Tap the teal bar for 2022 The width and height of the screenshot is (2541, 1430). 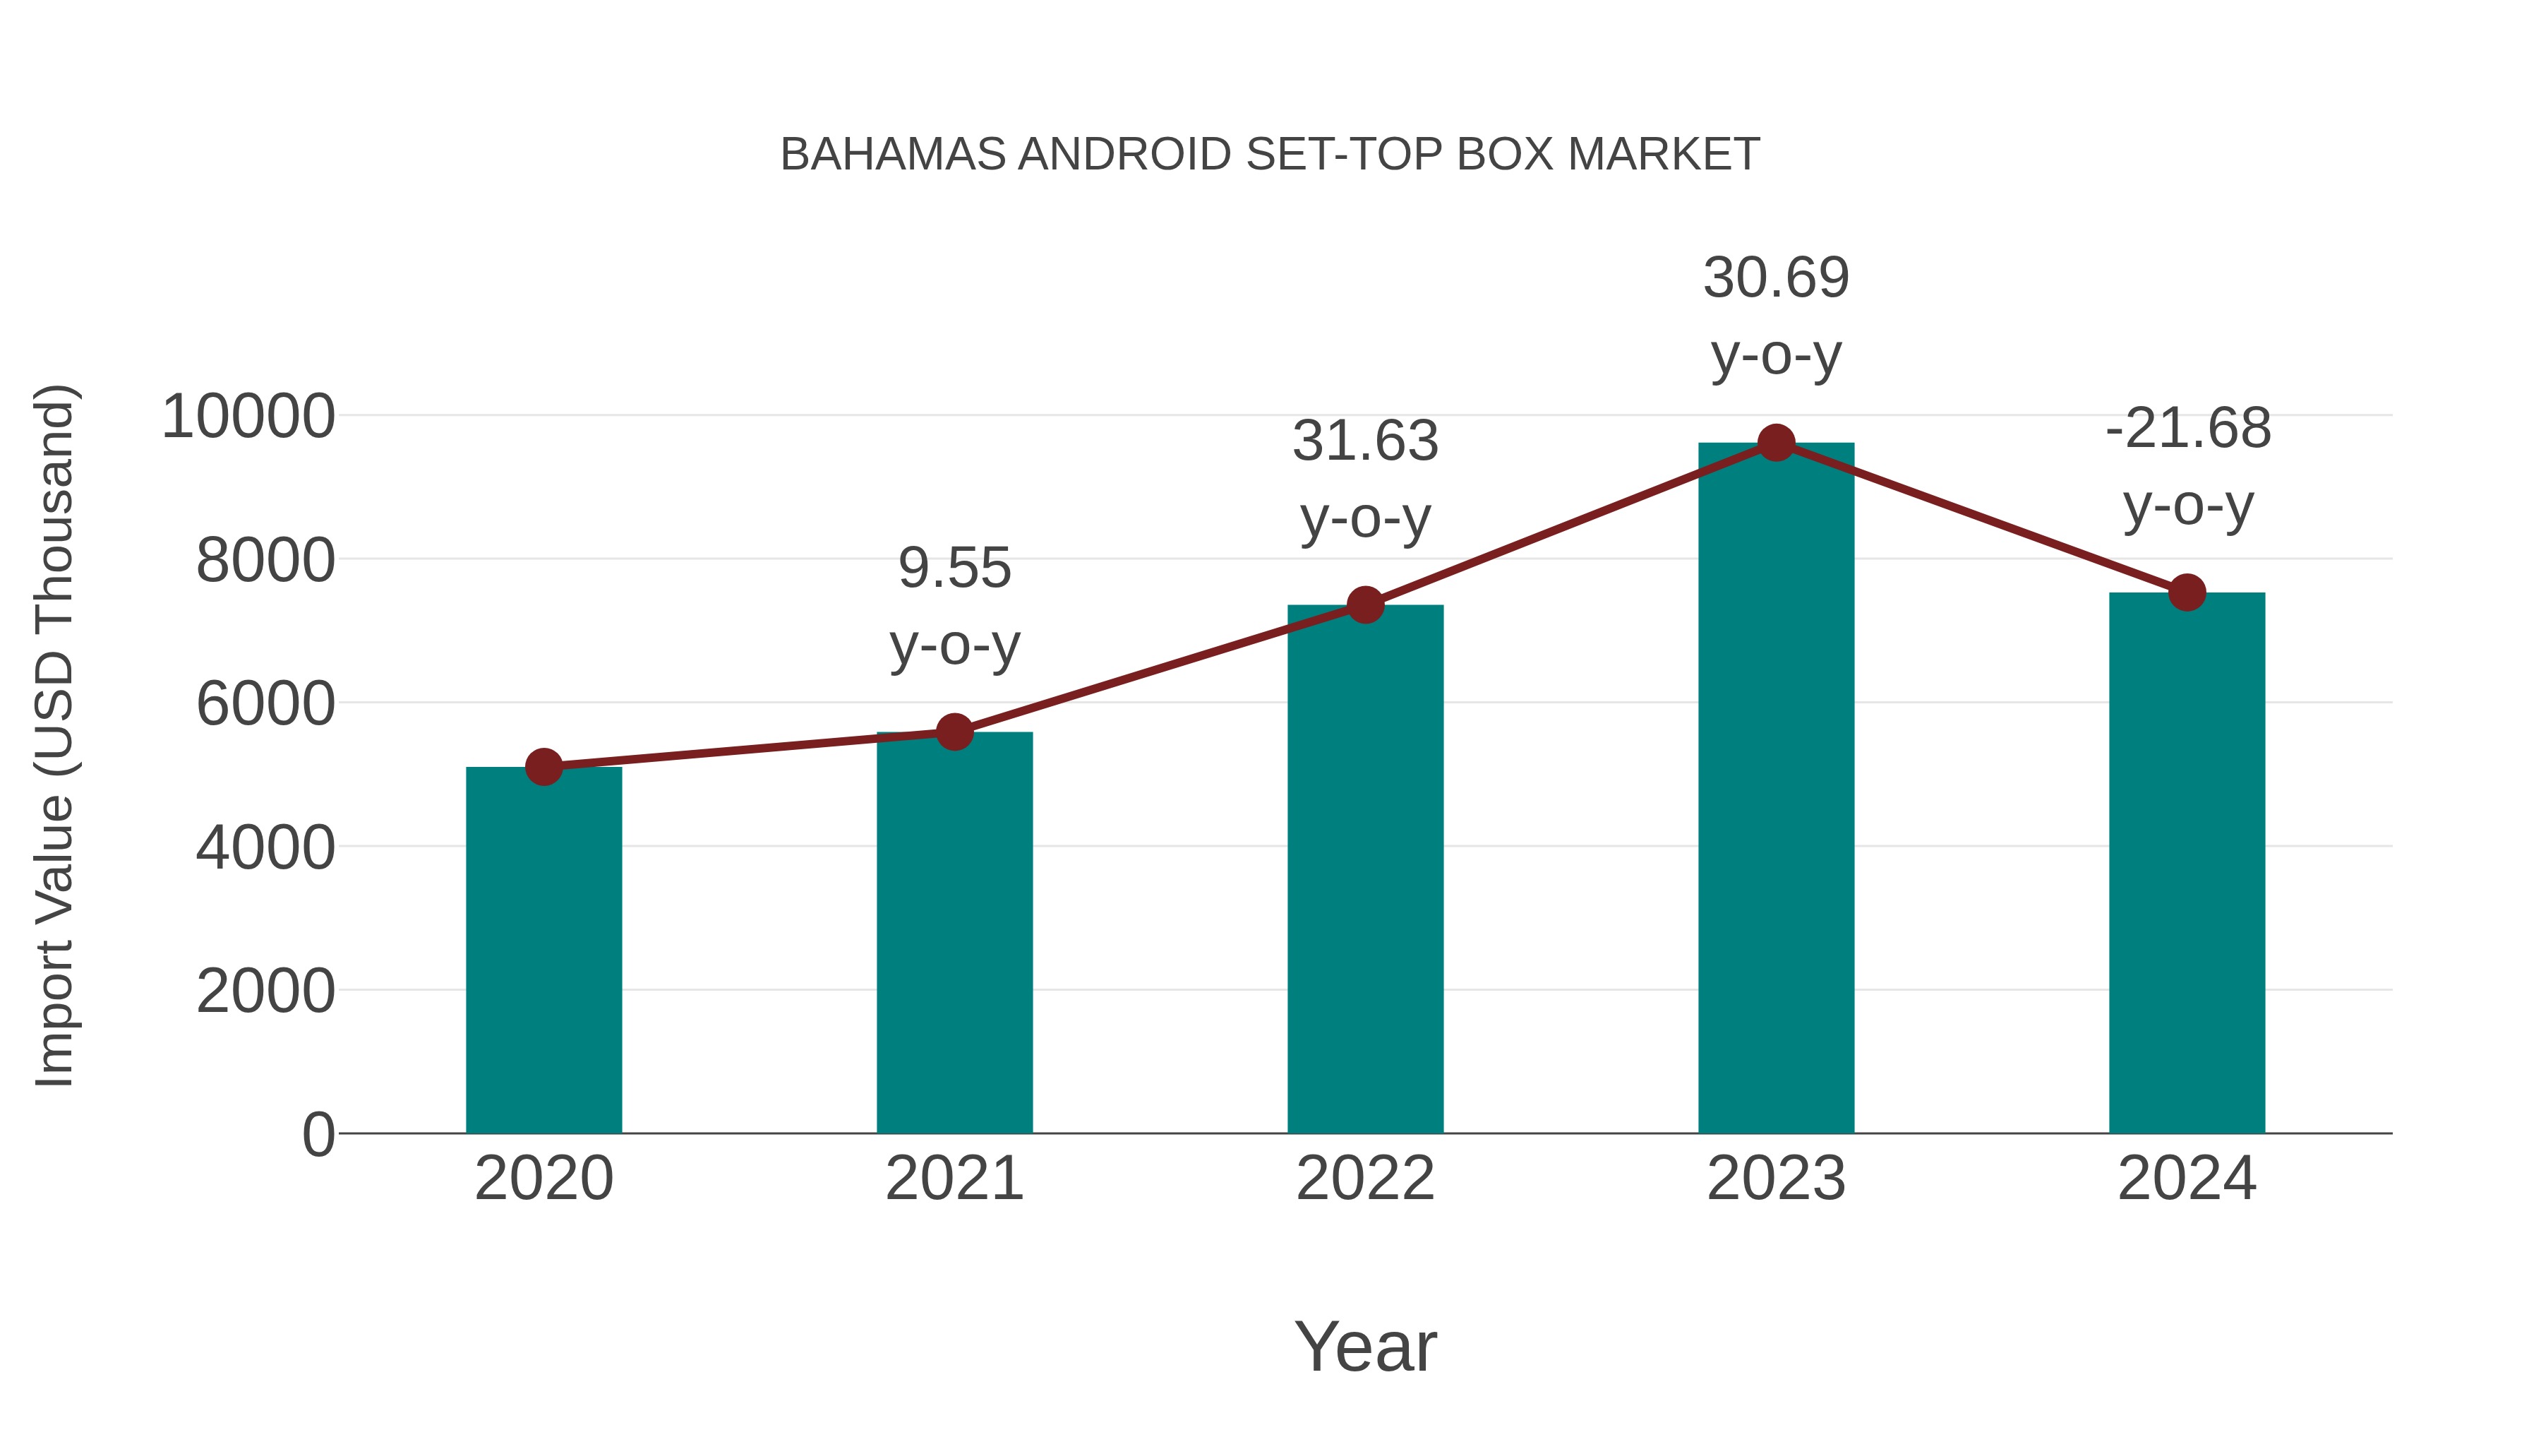1365,869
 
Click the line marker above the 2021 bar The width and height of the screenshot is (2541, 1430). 954,732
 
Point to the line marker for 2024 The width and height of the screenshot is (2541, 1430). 2187,592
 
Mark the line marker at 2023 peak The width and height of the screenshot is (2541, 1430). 1776,443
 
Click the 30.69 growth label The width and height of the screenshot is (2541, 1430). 1776,278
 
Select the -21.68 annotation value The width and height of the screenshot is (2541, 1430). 2187,429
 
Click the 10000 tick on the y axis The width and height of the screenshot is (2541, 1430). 248,417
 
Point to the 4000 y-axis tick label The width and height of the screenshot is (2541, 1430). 265,847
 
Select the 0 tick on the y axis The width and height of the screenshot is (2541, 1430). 318,1134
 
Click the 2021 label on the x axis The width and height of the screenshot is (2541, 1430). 954,1179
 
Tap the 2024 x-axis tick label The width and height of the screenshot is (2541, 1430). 2187,1179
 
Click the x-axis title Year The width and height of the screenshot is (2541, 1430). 1365,1346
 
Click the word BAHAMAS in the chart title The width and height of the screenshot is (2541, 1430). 893,155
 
